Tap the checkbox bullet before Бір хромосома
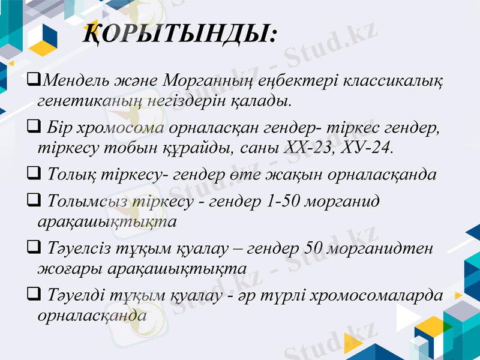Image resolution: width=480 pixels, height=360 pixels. click(34, 127)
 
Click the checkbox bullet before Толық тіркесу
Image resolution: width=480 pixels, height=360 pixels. click(34, 173)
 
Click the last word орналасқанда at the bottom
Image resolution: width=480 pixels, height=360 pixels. click(91, 314)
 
